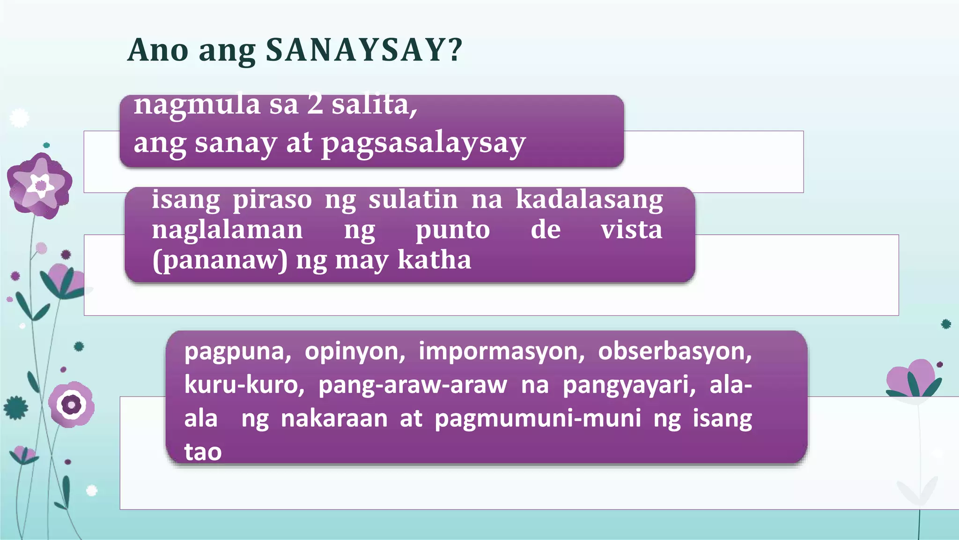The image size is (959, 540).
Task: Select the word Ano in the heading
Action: pyautogui.click(x=158, y=50)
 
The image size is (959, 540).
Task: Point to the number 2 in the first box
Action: pyautogui.click(x=315, y=104)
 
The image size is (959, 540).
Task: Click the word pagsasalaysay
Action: pyautogui.click(x=423, y=143)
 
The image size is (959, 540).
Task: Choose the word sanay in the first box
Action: pyautogui.click(x=236, y=143)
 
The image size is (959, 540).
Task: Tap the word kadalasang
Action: pyautogui.click(x=589, y=200)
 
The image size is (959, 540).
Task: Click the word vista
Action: pyautogui.click(x=632, y=230)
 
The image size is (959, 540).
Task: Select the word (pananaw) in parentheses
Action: pyautogui.click(x=220, y=260)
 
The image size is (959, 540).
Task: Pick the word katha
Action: pyautogui.click(x=434, y=260)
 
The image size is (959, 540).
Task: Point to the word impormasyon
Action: pyautogui.click(x=502, y=351)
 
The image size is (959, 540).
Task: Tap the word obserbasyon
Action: pyautogui.click(x=675, y=351)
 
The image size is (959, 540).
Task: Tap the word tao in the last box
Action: pyautogui.click(x=203, y=452)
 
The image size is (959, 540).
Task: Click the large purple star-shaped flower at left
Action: pyautogui.click(x=40, y=186)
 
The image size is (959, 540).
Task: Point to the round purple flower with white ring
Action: pyautogui.click(x=72, y=405)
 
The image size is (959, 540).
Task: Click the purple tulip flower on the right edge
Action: pyautogui.click(x=914, y=378)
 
